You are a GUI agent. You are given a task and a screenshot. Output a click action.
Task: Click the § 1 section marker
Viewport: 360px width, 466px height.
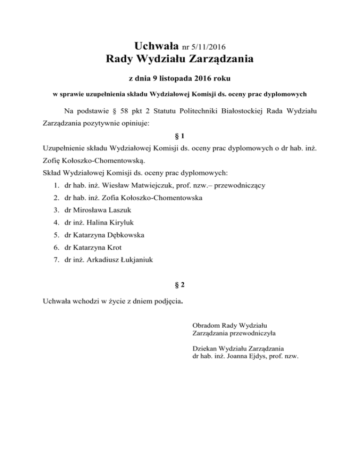point(180,136)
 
